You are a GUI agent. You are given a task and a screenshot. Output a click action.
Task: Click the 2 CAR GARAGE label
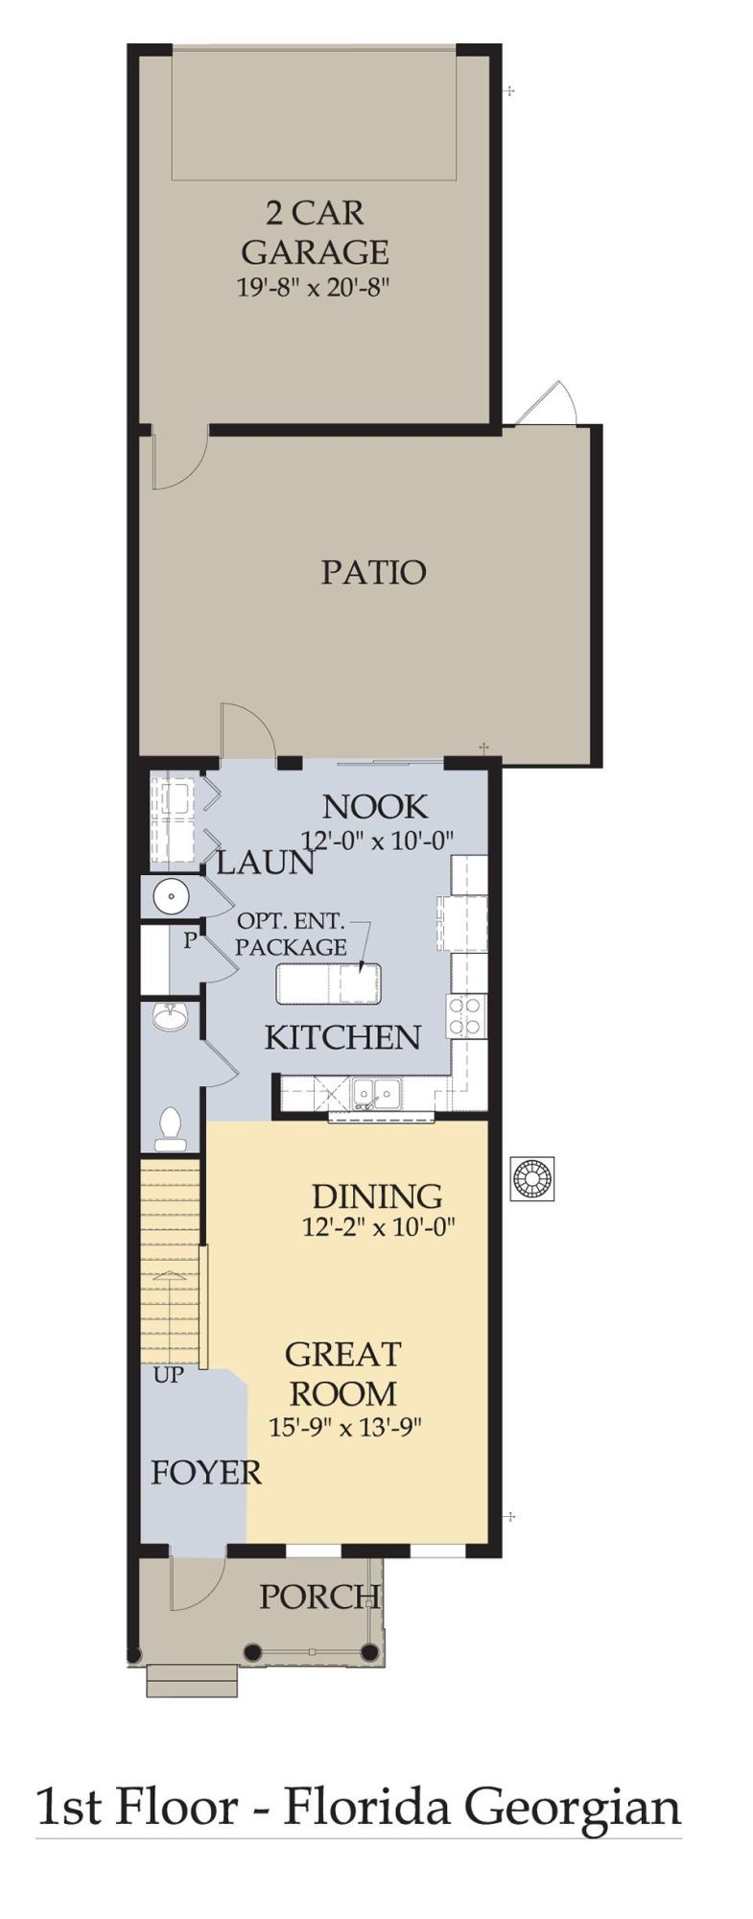coord(314,232)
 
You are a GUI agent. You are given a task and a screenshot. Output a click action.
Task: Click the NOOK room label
coord(374,806)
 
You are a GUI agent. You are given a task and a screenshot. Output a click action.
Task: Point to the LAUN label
coord(265,864)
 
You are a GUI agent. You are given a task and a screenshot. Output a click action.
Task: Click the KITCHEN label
coord(342,1037)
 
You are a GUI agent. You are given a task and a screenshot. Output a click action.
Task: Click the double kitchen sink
coord(375,1092)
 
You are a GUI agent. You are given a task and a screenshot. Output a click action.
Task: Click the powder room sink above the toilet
coord(172,1016)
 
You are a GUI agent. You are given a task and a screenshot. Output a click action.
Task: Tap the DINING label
coord(377,1196)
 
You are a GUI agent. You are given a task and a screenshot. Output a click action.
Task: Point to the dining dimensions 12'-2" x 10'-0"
coord(377,1226)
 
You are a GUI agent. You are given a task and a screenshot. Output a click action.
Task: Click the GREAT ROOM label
coord(342,1373)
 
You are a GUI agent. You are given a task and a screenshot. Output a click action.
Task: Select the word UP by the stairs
coord(168,1375)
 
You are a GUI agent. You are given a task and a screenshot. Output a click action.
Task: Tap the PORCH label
coord(318,1597)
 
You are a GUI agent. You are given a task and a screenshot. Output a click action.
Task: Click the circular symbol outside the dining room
coord(532,1179)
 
